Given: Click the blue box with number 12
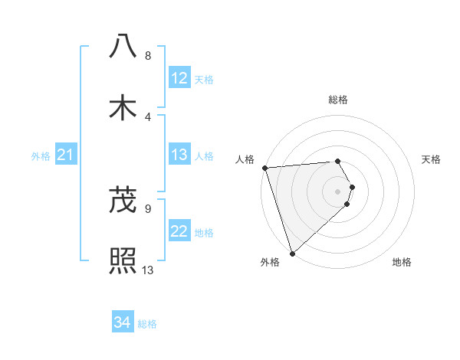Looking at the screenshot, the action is coord(179,78).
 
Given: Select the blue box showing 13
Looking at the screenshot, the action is coord(179,155).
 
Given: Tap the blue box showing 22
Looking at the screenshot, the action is coord(179,232).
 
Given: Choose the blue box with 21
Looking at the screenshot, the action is coord(66,155).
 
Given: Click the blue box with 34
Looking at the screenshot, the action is coord(123,323).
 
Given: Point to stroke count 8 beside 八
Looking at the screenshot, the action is coord(148,56).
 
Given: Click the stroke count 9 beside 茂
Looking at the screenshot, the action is coord(148,208).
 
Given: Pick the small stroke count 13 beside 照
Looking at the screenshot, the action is coord(148,270).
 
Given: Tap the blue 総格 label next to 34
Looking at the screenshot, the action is coord(148,324).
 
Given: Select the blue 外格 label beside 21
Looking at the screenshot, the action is coord(41,156).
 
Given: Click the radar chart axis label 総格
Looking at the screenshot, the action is coord(338,100).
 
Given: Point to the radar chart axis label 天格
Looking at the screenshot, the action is coord(432,159).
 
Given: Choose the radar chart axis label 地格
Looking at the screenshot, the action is coord(402,263).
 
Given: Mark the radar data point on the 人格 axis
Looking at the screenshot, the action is coord(264,168).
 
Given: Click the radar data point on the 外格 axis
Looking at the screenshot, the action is coord(292,253).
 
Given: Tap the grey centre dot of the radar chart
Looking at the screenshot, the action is coord(338,191).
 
